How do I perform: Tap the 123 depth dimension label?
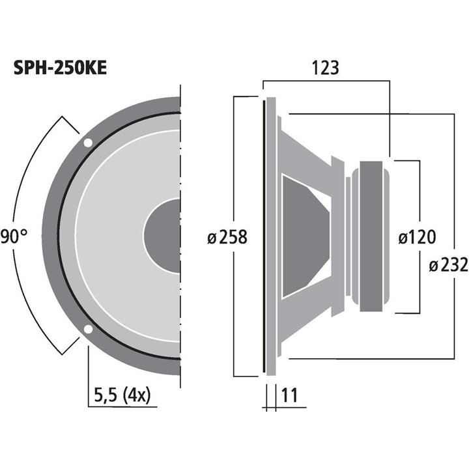tap(326, 68)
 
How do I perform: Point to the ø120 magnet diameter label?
tap(416, 236)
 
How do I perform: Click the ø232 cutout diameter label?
tap(448, 265)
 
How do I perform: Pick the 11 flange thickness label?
tap(287, 395)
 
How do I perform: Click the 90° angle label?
tap(13, 235)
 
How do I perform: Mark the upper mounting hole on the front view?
tap(87, 143)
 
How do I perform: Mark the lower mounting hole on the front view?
tap(87, 328)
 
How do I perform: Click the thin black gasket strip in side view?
tap(264, 236)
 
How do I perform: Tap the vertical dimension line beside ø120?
tap(418, 195)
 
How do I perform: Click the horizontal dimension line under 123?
tap(326, 82)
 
